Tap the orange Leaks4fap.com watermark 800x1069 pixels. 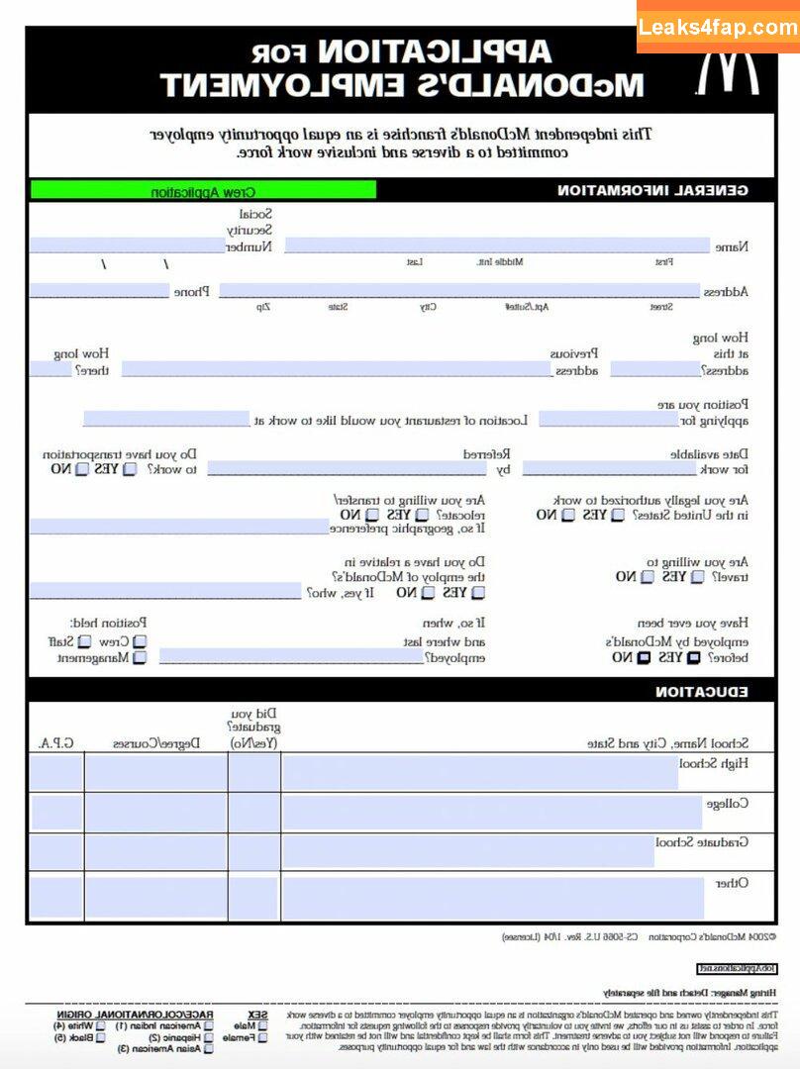[718, 27]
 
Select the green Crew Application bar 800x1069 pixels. [203, 190]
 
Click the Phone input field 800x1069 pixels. [99, 291]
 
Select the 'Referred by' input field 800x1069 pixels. [347, 469]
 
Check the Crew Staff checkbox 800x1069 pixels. [140, 641]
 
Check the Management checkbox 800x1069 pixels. [140, 657]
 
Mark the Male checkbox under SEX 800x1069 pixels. [262, 1026]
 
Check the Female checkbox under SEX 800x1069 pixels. [262, 1038]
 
